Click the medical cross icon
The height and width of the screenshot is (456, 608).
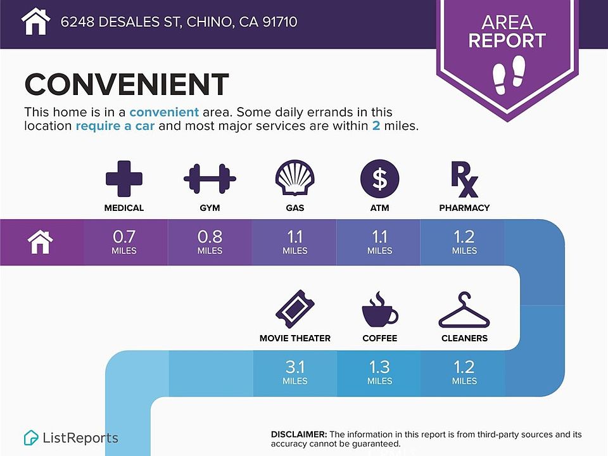(124, 179)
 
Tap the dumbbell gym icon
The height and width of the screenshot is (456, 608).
(210, 179)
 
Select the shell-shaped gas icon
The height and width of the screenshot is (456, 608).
(294, 178)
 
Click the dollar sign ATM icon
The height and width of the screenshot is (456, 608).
(379, 179)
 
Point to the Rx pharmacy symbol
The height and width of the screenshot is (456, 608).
(464, 179)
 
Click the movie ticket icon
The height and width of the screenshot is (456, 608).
(294, 309)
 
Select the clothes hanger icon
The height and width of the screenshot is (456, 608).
(464, 310)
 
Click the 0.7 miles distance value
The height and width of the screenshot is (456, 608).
(124, 242)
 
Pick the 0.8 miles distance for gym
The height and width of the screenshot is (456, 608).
(210, 242)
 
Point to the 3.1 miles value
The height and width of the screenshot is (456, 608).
(294, 372)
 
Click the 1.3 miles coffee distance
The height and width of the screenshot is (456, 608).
(379, 372)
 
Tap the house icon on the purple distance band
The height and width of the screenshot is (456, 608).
(41, 242)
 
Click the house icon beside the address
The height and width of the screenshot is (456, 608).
(35, 22)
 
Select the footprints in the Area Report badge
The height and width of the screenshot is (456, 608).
(508, 75)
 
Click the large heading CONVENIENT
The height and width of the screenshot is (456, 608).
(127, 84)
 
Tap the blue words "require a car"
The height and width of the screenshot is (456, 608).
(115, 126)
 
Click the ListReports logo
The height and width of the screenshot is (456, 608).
(71, 438)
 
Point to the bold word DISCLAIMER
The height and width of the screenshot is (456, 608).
(299, 434)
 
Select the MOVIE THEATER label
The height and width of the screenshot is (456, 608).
(295, 338)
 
